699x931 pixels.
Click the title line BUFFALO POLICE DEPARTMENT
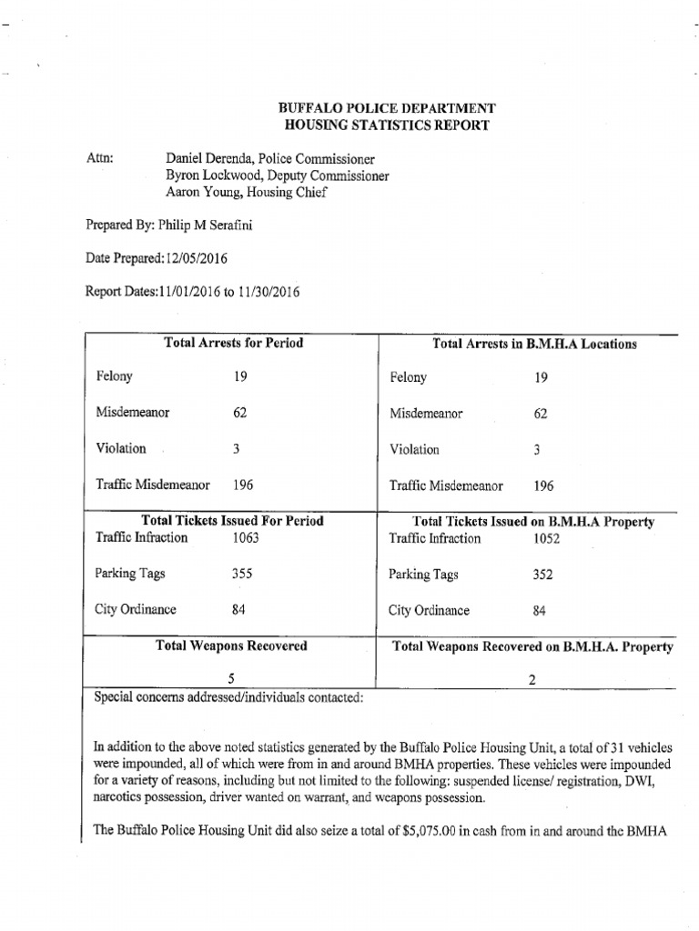tap(387, 108)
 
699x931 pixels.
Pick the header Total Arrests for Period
tap(233, 344)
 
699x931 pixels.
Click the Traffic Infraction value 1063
tap(245, 538)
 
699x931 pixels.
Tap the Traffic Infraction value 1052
tap(546, 539)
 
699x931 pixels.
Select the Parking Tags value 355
tap(242, 574)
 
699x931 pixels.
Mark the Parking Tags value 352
tap(542, 575)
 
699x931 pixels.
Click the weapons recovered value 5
tap(232, 678)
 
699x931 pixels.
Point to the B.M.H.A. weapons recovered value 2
tap(532, 680)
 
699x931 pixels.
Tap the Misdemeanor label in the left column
tap(133, 413)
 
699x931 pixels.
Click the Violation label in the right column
tap(414, 449)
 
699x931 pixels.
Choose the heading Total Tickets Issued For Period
tap(233, 521)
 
